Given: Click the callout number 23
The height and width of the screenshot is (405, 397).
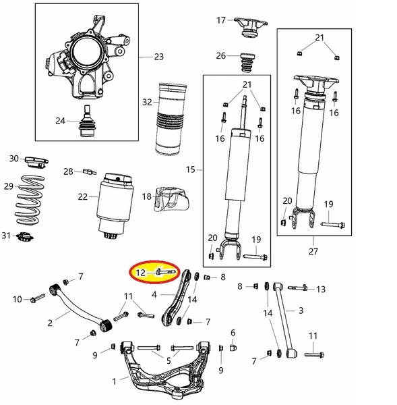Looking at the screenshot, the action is click(159, 57).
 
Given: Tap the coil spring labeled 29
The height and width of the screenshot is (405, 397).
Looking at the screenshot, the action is click(29, 200).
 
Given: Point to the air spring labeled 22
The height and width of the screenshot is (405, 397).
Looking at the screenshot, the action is click(115, 205).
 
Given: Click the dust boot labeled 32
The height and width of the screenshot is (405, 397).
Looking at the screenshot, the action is click(171, 118).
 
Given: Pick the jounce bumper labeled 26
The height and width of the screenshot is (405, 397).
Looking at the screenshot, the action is click(248, 63).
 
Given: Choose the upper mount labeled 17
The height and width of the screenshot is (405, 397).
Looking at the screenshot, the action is click(250, 27).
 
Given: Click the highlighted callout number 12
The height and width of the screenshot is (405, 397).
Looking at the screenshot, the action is click(141, 273).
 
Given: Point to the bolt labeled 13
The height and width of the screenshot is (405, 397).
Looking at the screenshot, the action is click(298, 288).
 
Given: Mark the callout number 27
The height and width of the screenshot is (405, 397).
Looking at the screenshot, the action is click(313, 251).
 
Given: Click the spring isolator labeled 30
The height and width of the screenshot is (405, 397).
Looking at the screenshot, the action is click(36, 162).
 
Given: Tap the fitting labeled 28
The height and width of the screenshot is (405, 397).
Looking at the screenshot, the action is click(89, 171).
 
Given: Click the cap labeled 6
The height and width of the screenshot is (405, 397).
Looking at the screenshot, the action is click(233, 348).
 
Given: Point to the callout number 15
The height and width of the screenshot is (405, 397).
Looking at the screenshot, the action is click(191, 169).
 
